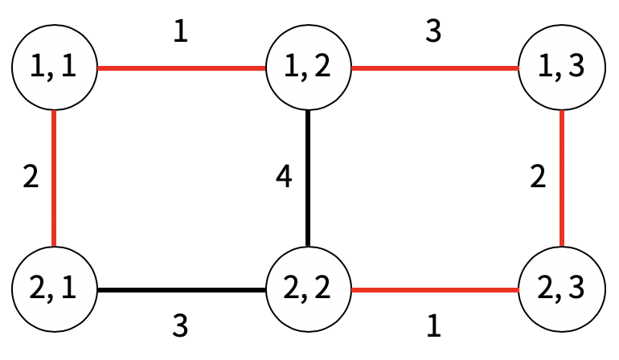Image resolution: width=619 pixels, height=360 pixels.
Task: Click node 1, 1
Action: pos(54,69)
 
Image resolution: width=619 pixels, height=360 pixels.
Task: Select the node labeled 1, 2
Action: pos(309,69)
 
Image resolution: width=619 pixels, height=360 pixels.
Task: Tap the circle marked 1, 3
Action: pos(561,69)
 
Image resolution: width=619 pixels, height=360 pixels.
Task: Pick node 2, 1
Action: pos(54,288)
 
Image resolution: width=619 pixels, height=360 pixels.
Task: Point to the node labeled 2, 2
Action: pos(309,288)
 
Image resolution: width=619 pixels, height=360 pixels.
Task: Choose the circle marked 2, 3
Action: pos(561,288)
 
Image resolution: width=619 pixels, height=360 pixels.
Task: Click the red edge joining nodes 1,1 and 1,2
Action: pos(181,69)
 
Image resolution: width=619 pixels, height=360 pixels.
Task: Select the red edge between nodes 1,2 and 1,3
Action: pos(435,69)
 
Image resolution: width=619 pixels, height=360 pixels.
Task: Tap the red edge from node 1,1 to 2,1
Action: pos(54,178)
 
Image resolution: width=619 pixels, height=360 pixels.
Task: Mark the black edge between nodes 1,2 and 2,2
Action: pos(309,178)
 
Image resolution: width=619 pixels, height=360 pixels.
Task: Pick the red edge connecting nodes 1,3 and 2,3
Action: pos(561,178)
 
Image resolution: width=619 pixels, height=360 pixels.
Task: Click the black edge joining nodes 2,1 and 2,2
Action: pos(181,288)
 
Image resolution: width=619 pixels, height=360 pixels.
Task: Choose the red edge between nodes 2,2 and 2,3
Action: pos(435,288)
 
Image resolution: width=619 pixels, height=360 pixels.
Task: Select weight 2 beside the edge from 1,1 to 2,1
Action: pos(30,178)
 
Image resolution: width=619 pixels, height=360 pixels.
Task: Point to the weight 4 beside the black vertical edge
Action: pos(283,178)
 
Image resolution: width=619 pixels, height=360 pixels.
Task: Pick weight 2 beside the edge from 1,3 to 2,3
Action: pos(538,178)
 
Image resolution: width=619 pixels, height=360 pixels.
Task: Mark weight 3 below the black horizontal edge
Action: pos(181,326)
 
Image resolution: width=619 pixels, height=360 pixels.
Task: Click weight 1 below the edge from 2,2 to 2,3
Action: pos(434,326)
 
